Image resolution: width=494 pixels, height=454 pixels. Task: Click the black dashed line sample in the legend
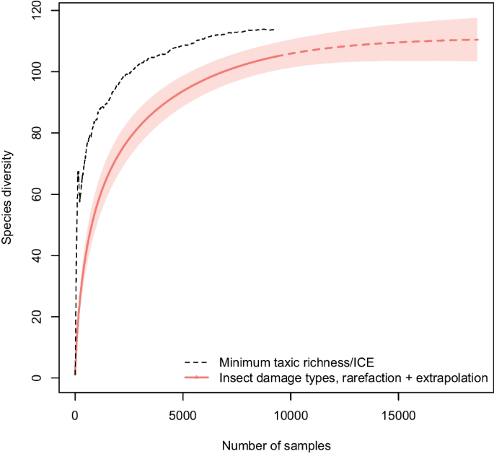[x=197, y=362]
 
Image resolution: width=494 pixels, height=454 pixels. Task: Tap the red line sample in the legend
[x=197, y=377]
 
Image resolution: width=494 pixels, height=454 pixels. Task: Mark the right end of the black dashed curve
[x=274, y=30]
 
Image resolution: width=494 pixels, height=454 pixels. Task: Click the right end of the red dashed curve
[x=478, y=40]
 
